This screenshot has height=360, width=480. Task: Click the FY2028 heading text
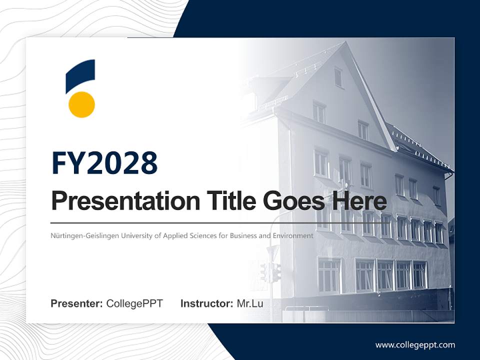(x=104, y=163)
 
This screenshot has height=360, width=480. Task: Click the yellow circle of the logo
(x=81, y=104)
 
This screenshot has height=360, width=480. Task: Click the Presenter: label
(x=77, y=303)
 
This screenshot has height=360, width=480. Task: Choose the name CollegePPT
(x=134, y=303)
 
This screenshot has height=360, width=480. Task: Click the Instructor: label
(x=206, y=303)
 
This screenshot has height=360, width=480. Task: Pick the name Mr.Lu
(x=250, y=303)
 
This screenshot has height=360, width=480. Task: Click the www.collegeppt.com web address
(x=415, y=345)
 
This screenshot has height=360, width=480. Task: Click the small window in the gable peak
(x=338, y=77)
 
